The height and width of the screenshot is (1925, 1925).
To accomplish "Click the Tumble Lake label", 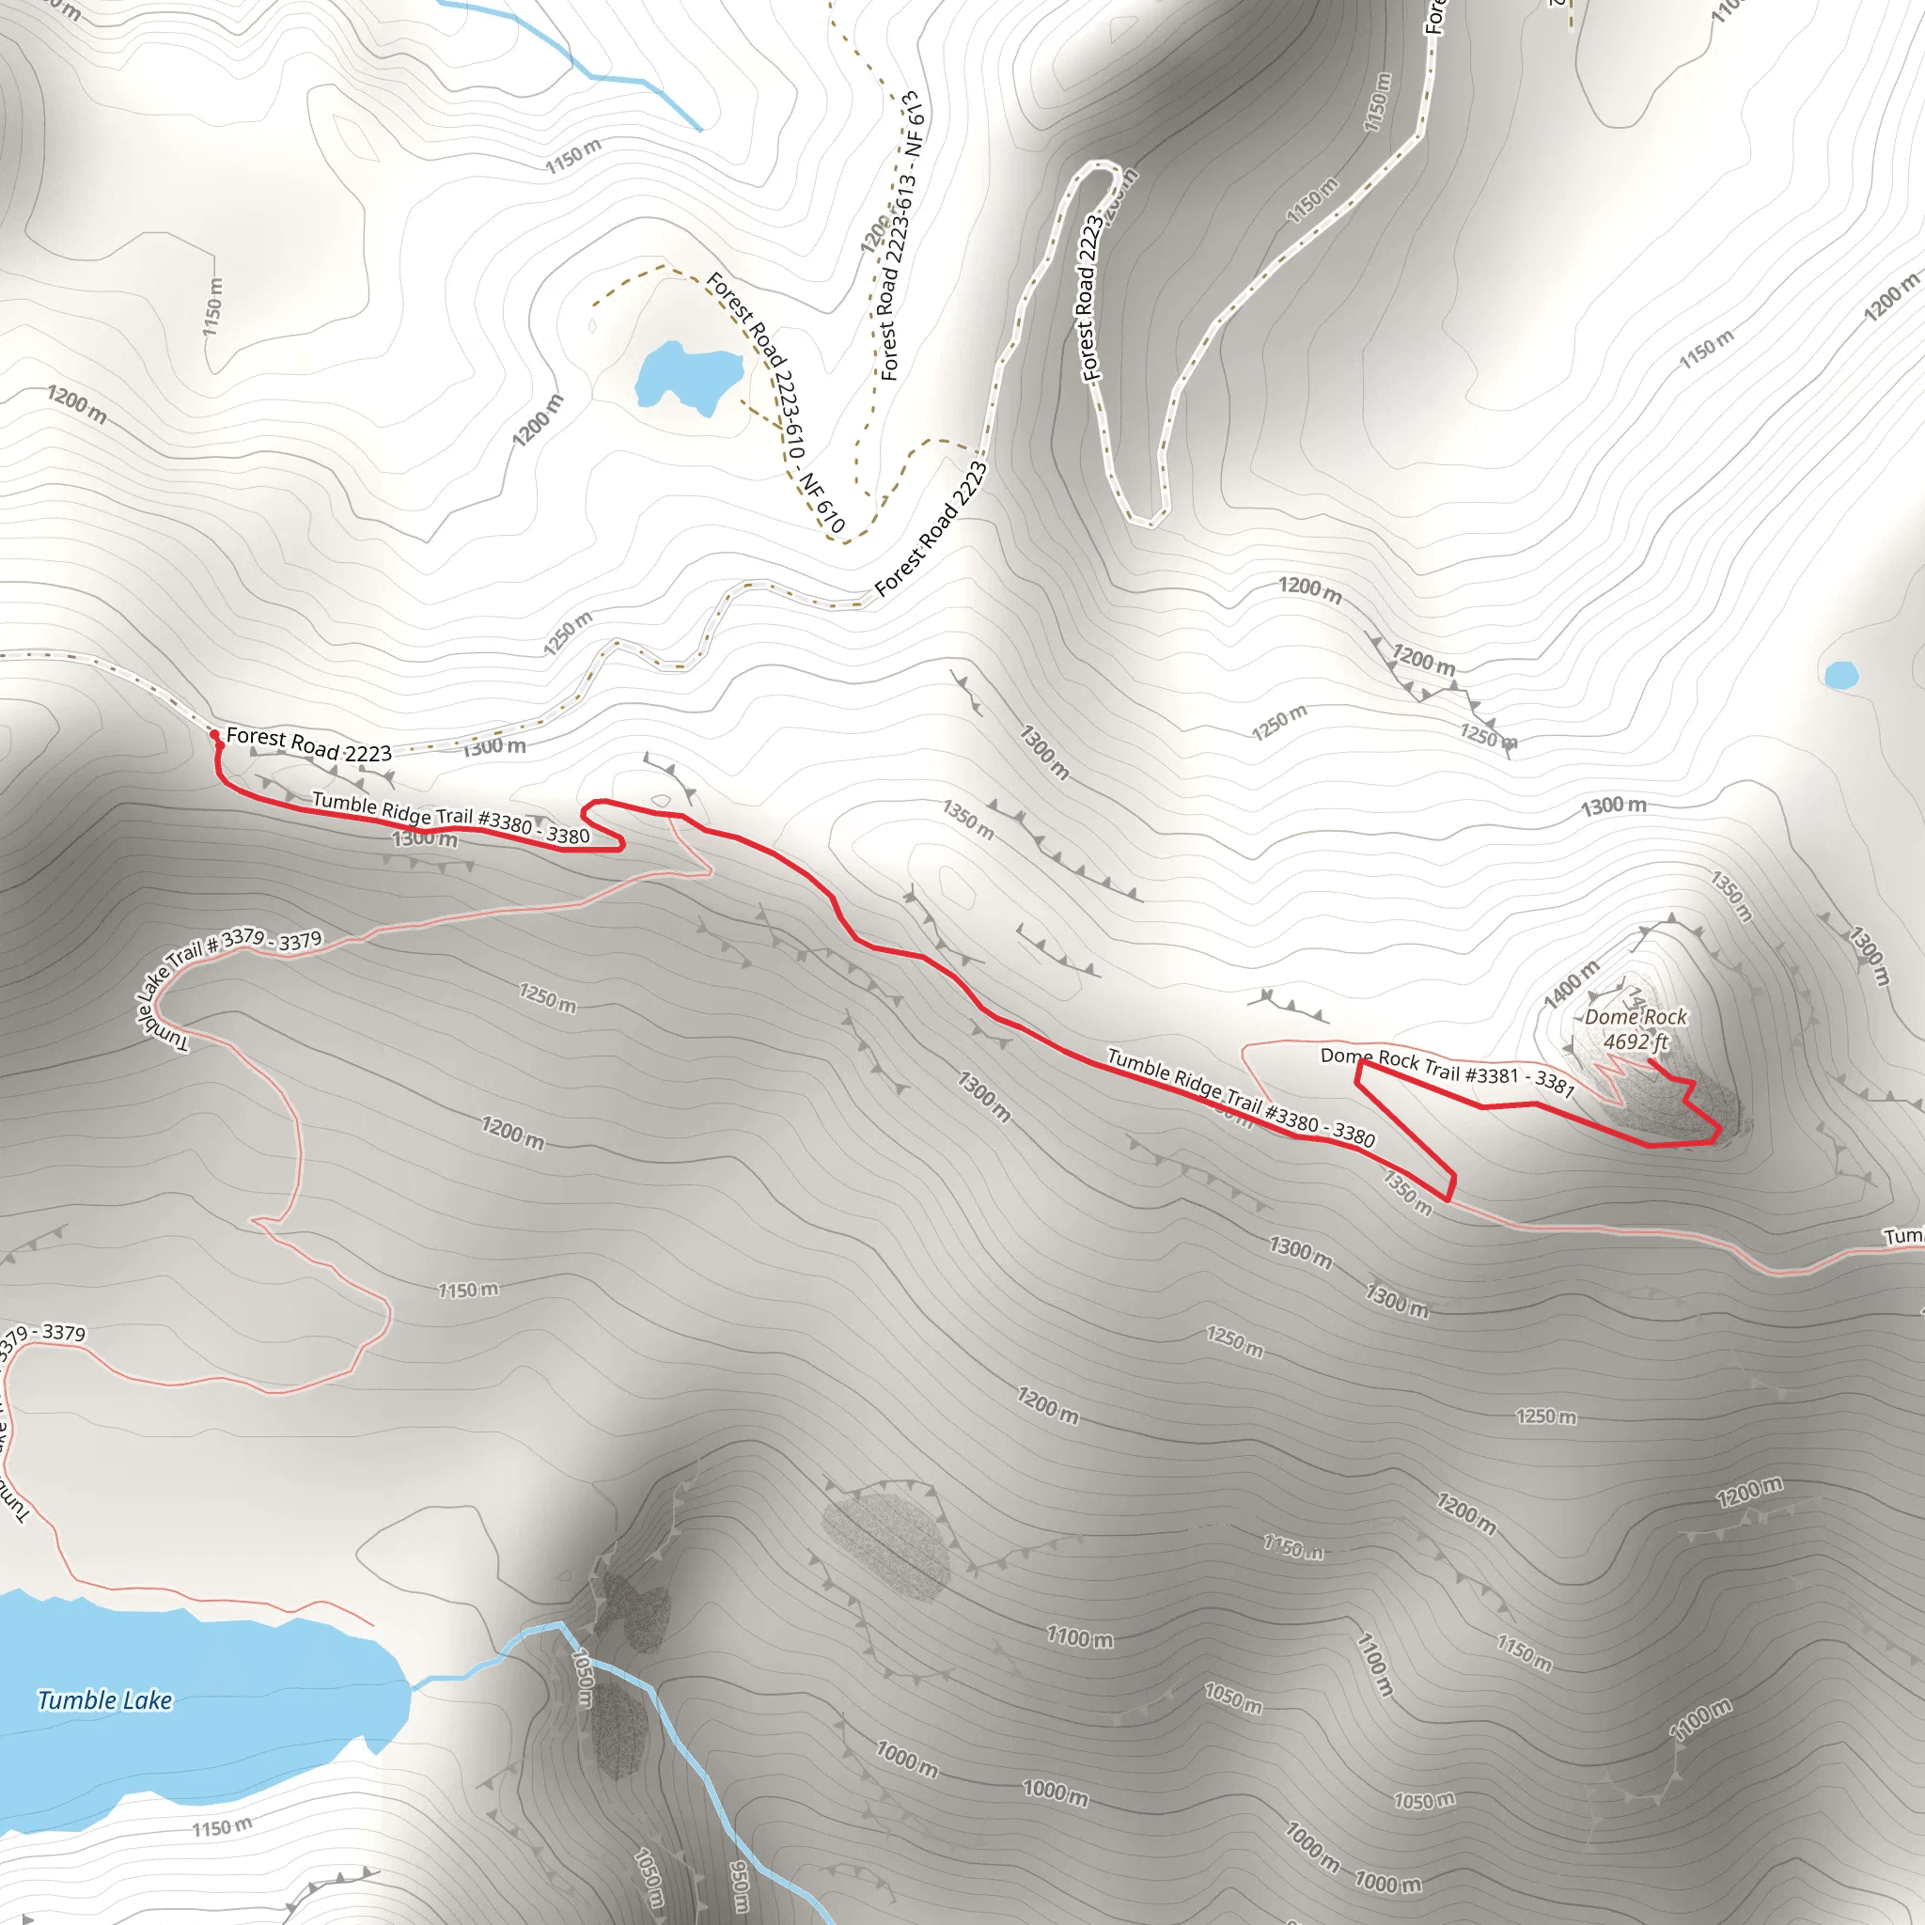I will [104, 1699].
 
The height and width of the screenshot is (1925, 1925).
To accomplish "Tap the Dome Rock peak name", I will [1635, 1016].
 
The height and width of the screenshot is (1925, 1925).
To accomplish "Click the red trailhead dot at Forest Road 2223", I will [214, 734].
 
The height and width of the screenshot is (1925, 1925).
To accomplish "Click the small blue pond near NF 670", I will [688, 376].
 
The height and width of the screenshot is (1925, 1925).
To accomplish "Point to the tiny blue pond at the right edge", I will [1840, 676].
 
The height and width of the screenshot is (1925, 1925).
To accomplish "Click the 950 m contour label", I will [741, 1886].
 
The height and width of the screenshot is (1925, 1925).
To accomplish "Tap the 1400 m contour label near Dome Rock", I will [1572, 983].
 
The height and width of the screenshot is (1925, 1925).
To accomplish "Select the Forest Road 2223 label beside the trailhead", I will [309, 744].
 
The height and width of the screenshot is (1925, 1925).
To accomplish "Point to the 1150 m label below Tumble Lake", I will [221, 1827].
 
